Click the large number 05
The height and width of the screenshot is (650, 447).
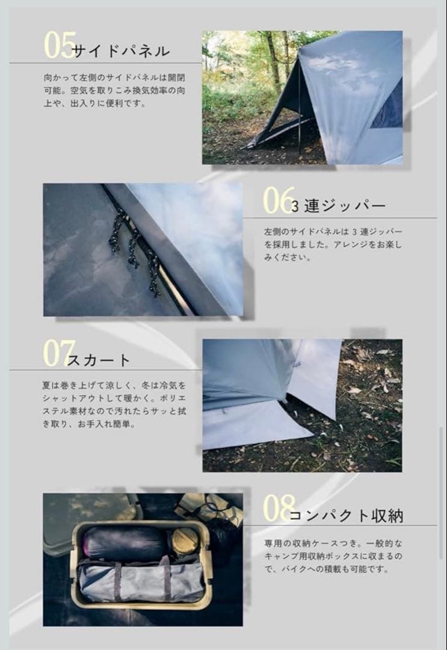[60, 45]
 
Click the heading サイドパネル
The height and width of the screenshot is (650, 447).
[120, 51]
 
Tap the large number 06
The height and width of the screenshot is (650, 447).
[279, 200]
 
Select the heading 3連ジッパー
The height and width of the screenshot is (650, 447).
[338, 206]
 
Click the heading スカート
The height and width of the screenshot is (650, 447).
[99, 361]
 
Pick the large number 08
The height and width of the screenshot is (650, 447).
[279, 509]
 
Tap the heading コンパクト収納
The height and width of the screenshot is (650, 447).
[346, 516]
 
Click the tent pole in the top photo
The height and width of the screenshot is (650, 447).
[299, 108]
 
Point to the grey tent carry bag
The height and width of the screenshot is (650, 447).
[141, 581]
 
